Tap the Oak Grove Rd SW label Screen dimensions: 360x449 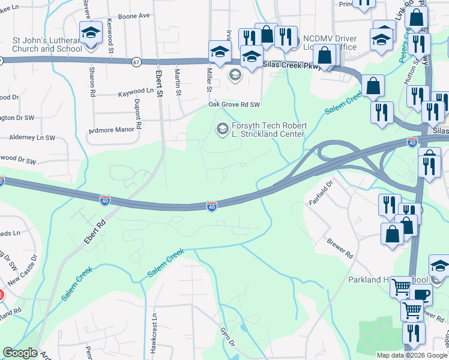[x=234, y=104]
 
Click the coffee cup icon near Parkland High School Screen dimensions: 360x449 [x=422, y=294]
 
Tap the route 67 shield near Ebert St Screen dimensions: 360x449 [x=137, y=62]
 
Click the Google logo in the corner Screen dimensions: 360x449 [x=20, y=353]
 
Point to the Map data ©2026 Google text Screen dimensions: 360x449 [x=411, y=355]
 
